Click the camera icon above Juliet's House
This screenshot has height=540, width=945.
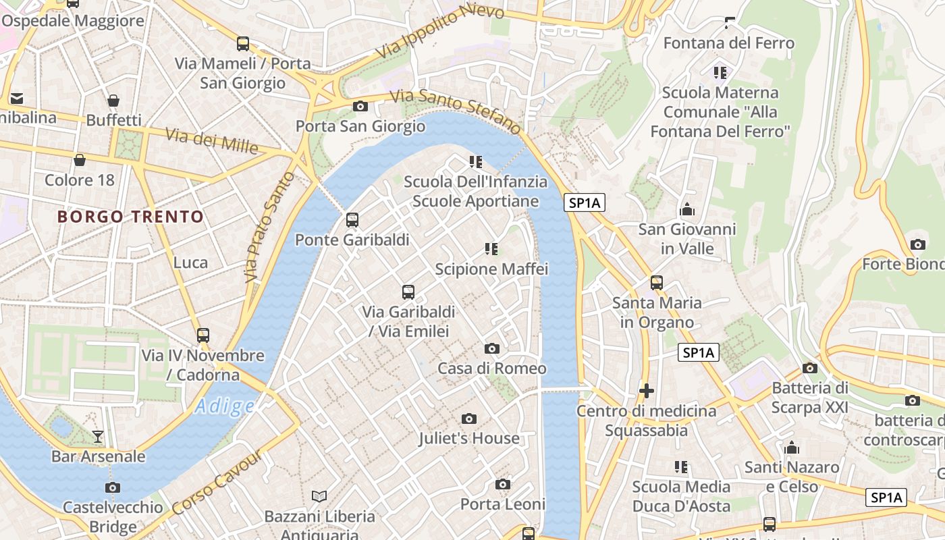click(x=469, y=419)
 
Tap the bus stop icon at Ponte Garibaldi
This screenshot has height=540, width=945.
click(x=352, y=220)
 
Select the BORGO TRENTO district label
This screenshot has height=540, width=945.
click(x=130, y=217)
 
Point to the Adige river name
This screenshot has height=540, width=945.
click(x=225, y=406)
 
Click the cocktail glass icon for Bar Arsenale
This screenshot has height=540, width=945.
click(x=98, y=437)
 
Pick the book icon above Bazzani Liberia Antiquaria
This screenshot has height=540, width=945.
click(x=319, y=497)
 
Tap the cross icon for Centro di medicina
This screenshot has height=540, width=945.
click(x=647, y=391)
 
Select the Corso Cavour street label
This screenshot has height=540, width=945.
click(x=217, y=482)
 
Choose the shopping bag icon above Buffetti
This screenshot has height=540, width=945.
click(x=113, y=101)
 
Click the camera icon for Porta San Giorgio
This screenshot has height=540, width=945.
click(x=360, y=106)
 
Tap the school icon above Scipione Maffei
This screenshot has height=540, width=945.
click(x=491, y=249)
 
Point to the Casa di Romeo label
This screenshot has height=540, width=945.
click(x=492, y=369)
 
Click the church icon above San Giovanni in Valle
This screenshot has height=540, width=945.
click(x=687, y=209)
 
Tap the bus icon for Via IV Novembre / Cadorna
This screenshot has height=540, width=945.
click(x=202, y=335)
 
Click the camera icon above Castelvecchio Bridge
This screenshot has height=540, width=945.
click(x=113, y=487)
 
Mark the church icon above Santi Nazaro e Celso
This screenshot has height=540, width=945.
click(x=792, y=448)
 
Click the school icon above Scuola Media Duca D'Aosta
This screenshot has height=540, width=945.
click(x=681, y=467)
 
